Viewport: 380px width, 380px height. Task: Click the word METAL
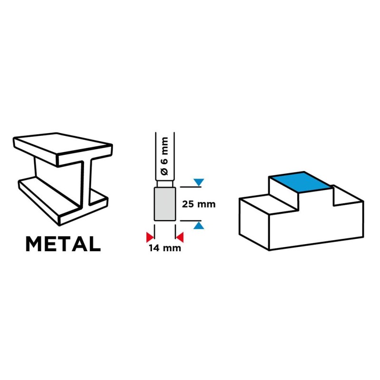(63, 244)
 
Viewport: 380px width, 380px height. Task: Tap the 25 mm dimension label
(199, 204)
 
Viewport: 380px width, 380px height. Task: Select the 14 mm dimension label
(165, 248)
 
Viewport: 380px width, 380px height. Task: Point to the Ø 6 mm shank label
(164, 156)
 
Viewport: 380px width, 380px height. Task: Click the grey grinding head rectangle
(165, 204)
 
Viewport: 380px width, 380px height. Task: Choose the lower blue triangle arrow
(199, 225)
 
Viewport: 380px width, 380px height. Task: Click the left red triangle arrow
(150, 237)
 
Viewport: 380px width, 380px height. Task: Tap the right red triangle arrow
(180, 237)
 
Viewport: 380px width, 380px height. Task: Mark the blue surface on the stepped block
(301, 182)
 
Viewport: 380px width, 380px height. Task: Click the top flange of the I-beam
(63, 150)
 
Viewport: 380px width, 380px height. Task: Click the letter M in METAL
(33, 244)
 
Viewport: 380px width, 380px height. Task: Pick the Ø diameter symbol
(164, 171)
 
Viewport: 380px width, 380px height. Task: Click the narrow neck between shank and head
(165, 184)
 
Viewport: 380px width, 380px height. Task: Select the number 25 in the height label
(188, 204)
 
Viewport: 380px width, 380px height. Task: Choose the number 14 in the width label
(154, 248)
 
